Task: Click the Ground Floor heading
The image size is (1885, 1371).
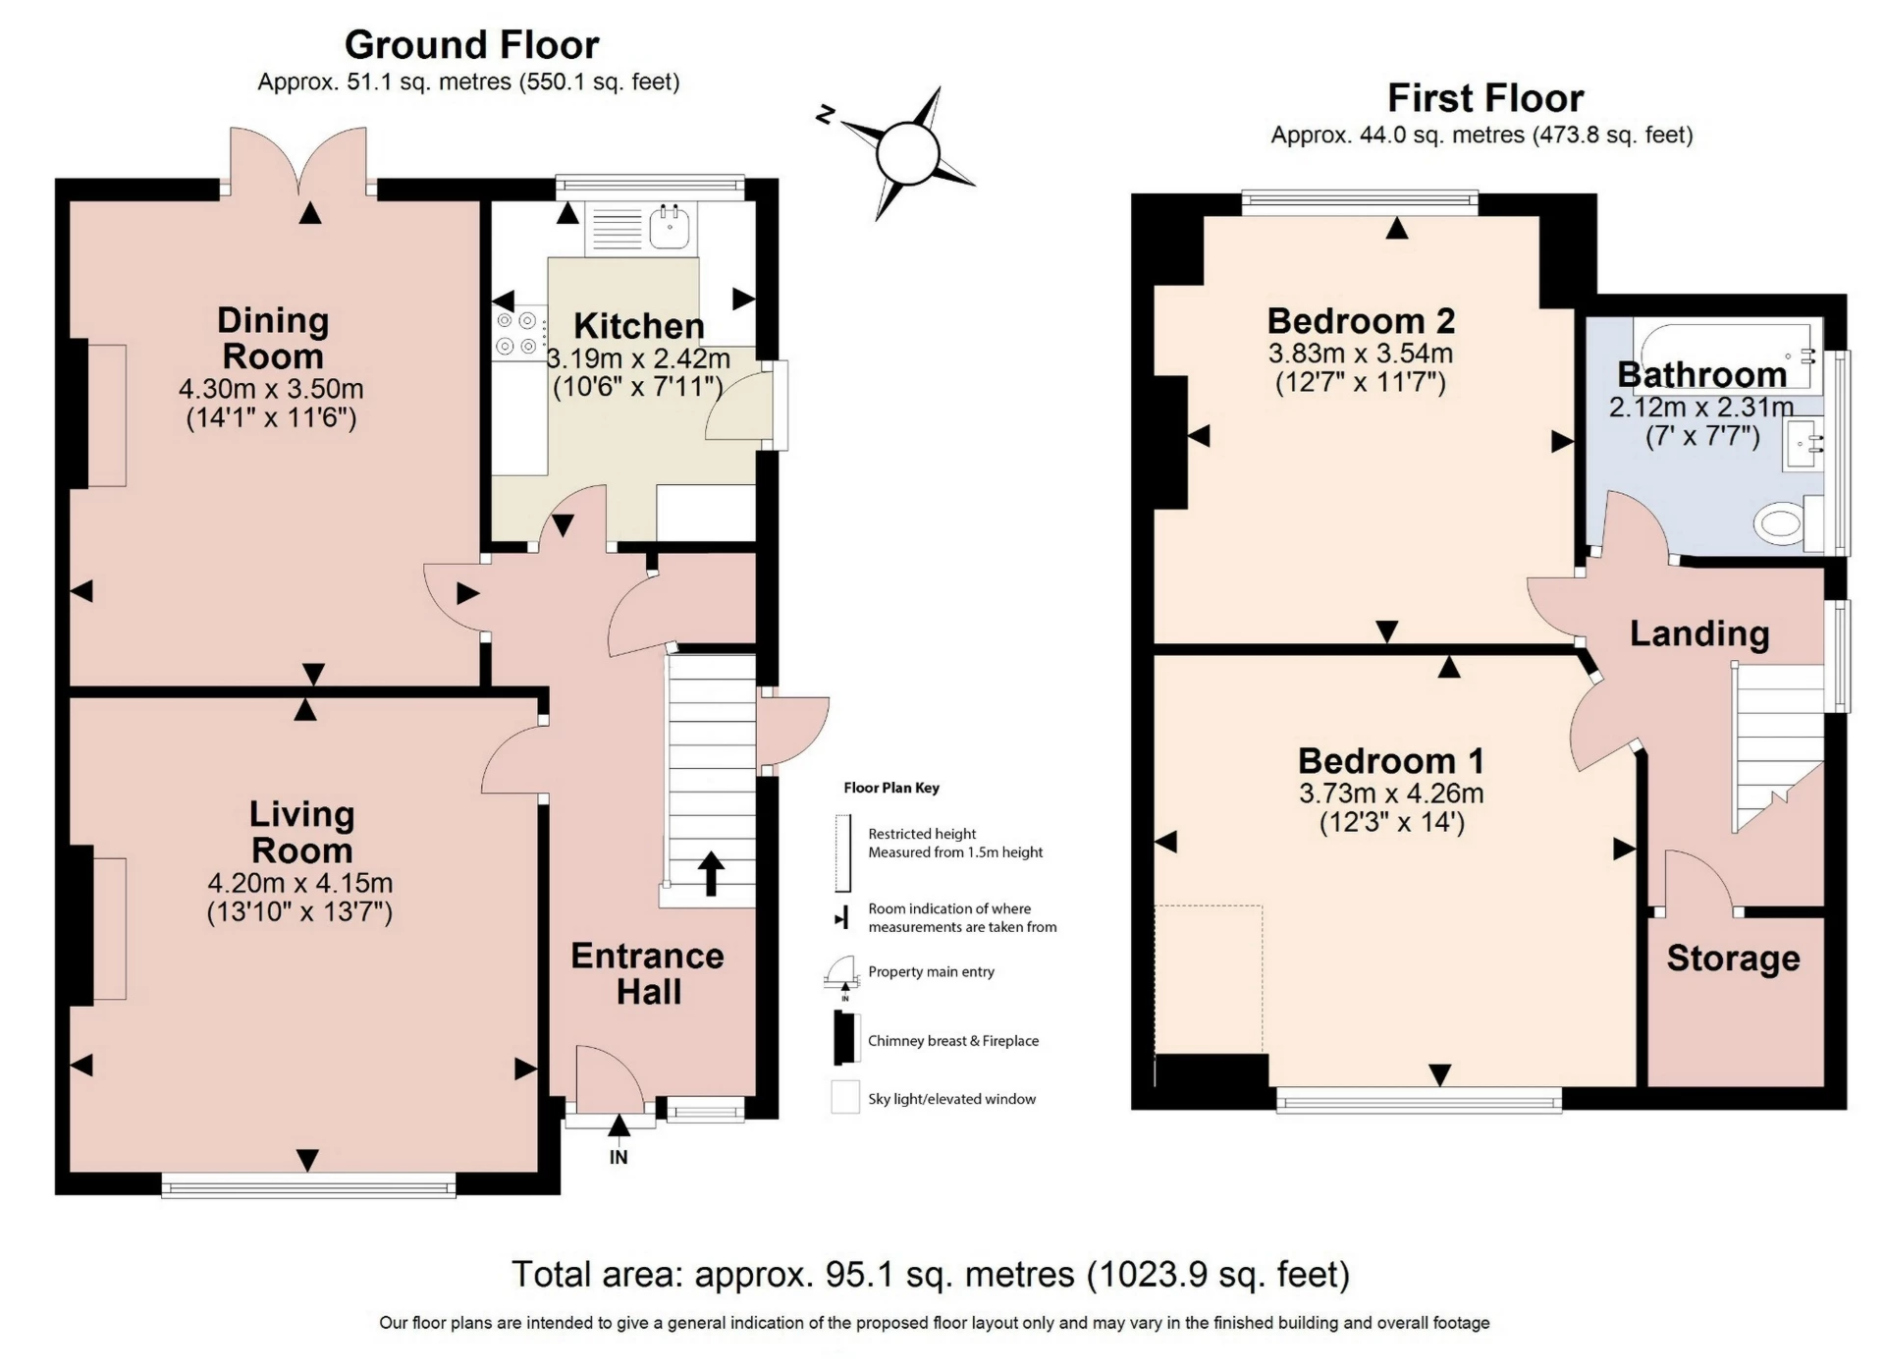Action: tap(471, 45)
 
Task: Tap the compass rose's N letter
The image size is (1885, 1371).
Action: tap(825, 115)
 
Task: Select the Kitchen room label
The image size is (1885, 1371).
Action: tap(638, 326)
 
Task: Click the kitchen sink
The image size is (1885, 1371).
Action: tap(671, 229)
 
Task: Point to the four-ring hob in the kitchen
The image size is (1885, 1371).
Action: tap(519, 332)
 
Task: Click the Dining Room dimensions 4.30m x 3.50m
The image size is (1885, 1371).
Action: tap(271, 389)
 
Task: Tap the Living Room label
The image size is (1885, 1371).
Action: tap(301, 832)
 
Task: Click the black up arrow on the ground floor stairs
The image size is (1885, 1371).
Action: tap(711, 873)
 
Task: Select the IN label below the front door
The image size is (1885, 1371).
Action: tap(619, 1157)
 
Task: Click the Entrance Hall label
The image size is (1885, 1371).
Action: tap(648, 973)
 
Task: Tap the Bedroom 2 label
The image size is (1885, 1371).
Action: tap(1361, 321)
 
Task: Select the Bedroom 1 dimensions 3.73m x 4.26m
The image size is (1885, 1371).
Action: tap(1391, 794)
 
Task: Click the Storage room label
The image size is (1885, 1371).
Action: tap(1733, 959)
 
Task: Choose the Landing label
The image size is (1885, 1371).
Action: tap(1699, 634)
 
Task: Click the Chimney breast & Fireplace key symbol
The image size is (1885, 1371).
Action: tap(843, 1039)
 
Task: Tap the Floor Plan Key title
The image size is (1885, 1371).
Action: tap(891, 788)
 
